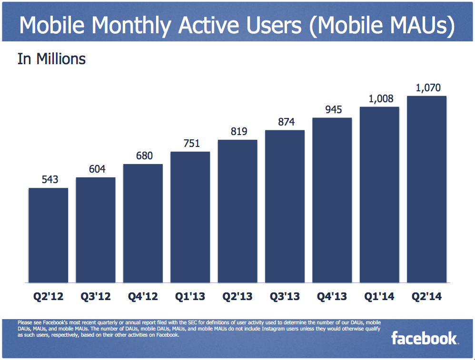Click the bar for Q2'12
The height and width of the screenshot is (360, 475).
48,235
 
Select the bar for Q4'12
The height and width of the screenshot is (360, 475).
143,223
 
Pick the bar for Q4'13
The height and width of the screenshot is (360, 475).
332,200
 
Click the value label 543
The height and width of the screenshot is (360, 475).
48,180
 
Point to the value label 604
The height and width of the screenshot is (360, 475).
95,169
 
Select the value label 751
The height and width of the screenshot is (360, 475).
190,144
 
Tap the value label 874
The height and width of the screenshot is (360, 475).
285,122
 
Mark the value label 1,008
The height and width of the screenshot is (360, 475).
379,98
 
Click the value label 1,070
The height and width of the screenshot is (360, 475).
426,88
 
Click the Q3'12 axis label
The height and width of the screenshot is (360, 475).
95,297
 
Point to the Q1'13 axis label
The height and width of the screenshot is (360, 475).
190,297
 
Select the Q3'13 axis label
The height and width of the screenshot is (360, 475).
285,297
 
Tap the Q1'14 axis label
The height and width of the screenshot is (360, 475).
379,297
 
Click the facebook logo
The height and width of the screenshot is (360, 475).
424,338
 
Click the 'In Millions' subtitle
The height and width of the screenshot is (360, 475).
51,59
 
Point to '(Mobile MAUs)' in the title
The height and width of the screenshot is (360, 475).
380,26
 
